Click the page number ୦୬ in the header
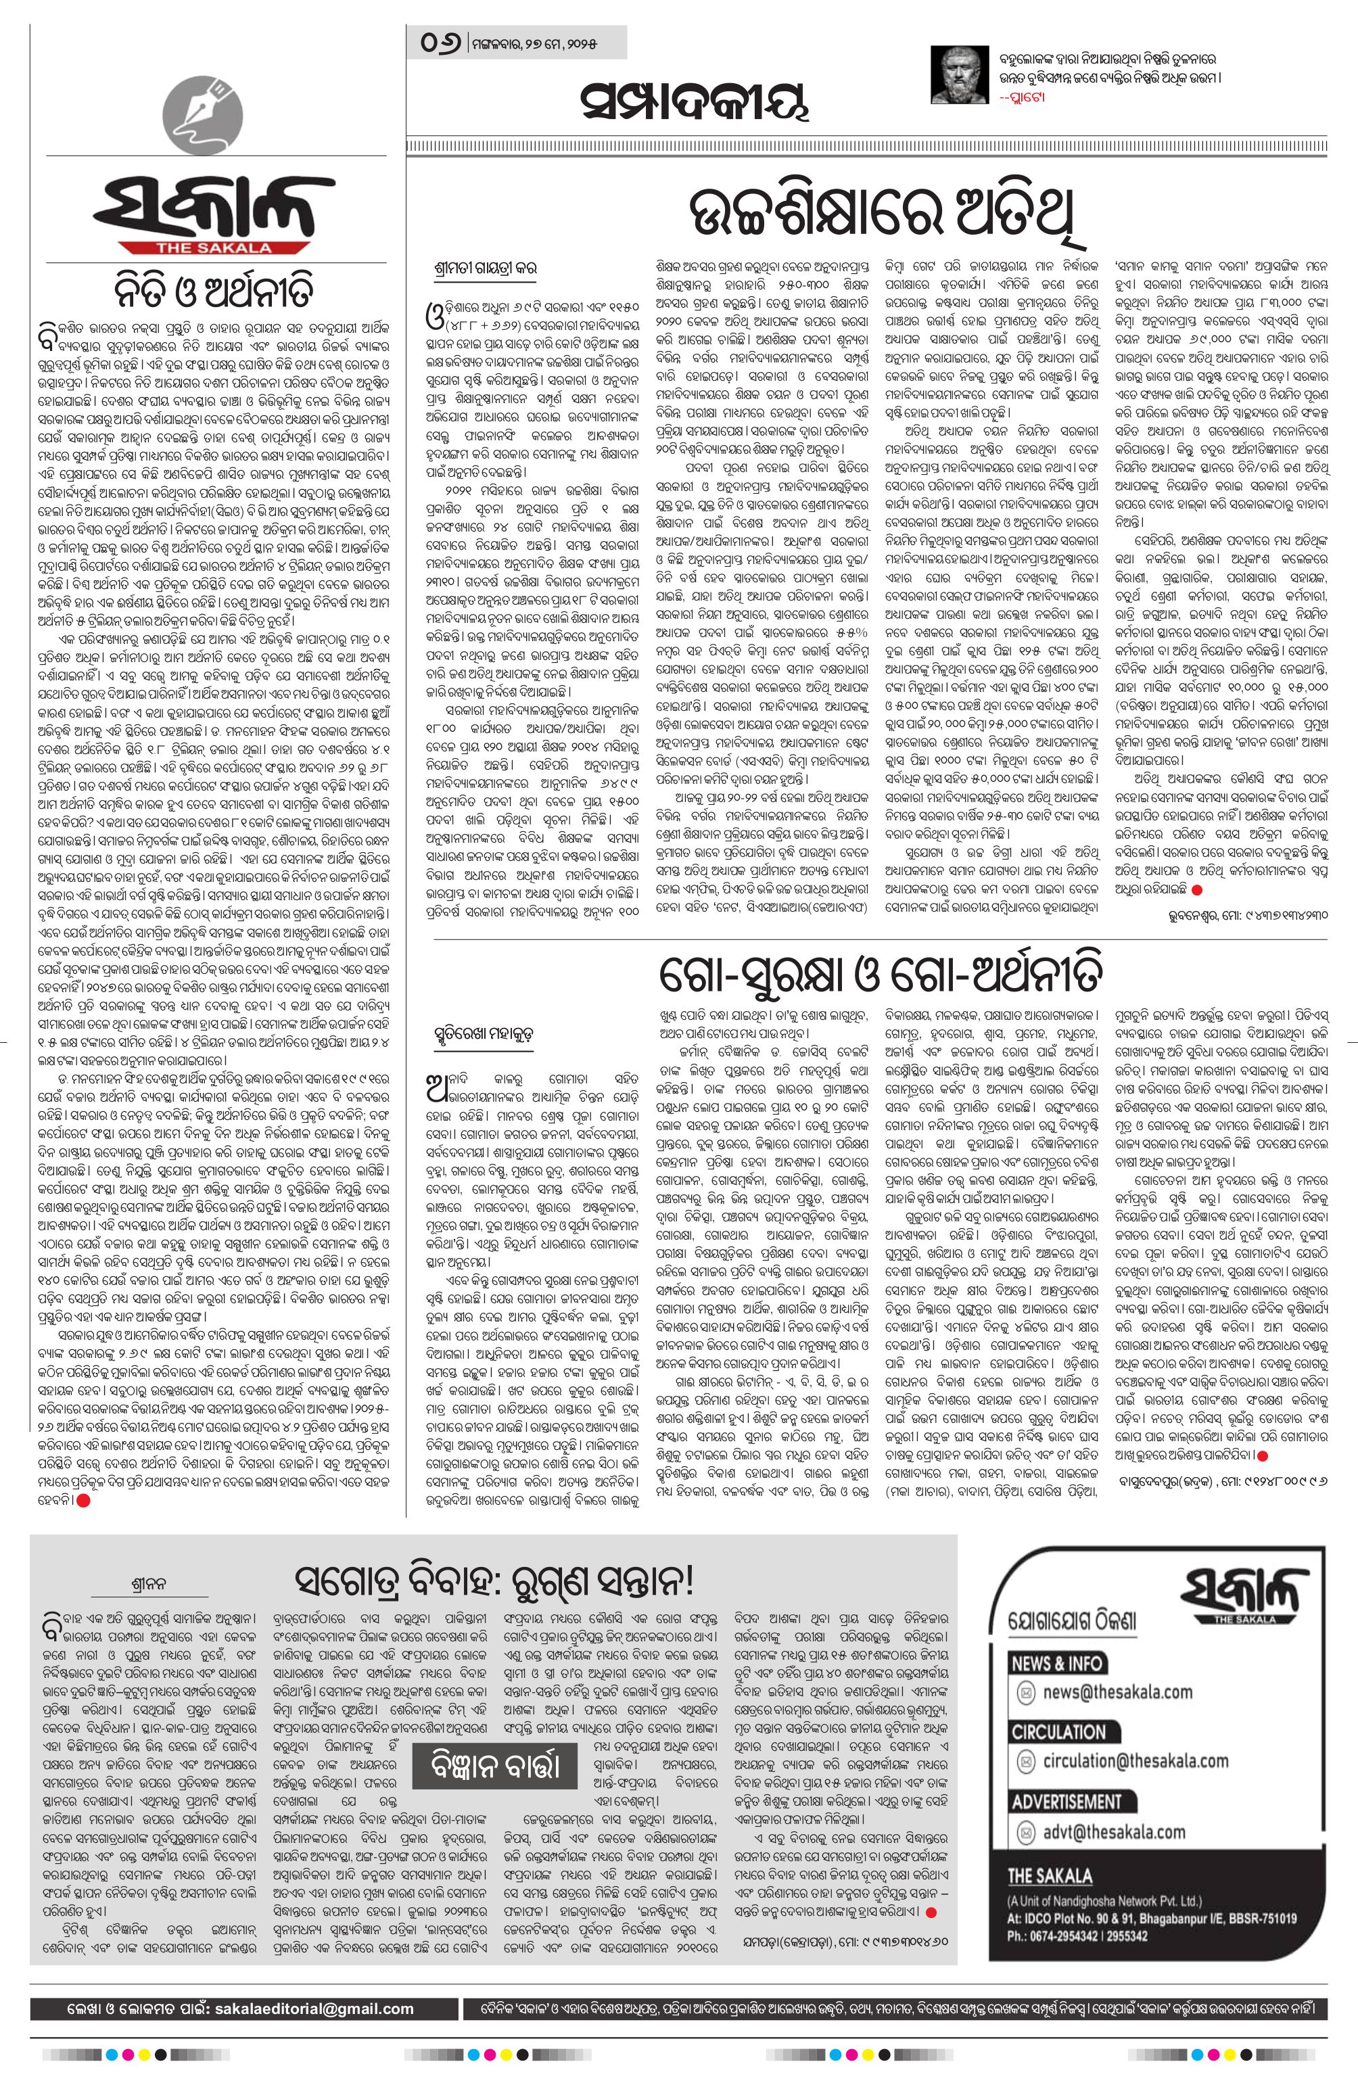click(x=442, y=43)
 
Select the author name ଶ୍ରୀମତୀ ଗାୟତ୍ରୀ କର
click(x=486, y=267)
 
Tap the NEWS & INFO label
click(x=1056, y=1664)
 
